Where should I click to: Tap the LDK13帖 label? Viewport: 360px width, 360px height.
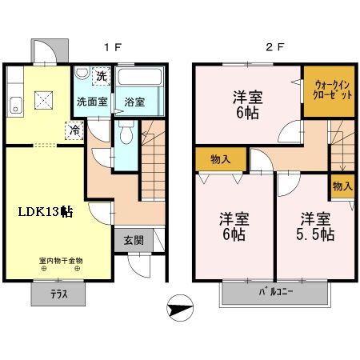tap(46, 212)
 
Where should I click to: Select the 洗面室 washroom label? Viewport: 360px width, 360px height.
tap(90, 102)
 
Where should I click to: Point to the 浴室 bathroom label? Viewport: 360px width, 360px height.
tap(134, 102)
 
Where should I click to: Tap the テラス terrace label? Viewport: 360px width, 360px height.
tap(52, 293)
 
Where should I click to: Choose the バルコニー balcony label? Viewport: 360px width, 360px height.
tap(275, 293)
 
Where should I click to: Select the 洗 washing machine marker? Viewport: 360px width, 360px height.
tap(101, 78)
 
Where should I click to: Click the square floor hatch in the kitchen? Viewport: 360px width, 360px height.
tap(45, 100)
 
